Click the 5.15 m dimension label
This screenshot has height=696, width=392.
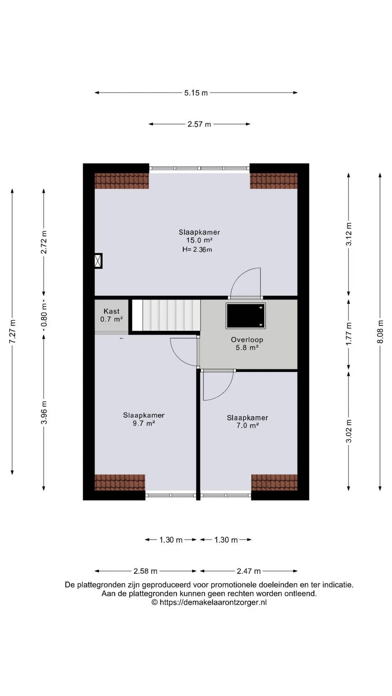coord(196,93)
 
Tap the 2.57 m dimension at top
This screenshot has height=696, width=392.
coord(199,124)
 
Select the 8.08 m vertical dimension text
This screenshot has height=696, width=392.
coord(380,332)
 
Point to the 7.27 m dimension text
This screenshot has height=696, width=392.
coord(12,332)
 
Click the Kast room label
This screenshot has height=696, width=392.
coord(111,311)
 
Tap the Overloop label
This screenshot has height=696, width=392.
coord(247,340)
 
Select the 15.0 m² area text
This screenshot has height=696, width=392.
coord(199,240)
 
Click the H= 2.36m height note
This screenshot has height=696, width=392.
coord(197,249)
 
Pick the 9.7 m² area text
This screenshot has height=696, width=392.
coord(144,423)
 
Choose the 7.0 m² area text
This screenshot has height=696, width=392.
coord(248,426)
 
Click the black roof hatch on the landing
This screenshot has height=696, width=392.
coord(246,316)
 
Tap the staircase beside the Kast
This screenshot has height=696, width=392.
coord(166,315)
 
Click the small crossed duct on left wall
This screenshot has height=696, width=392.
coord(98,261)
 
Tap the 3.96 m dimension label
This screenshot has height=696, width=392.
coord(44,413)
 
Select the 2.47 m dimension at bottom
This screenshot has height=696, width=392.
coord(249,571)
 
